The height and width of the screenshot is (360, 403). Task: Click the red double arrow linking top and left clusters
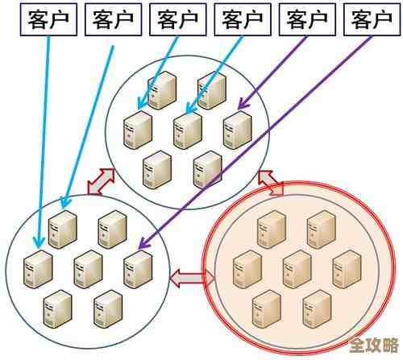[x=101, y=182]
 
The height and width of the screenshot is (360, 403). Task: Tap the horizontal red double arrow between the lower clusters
[x=192, y=278]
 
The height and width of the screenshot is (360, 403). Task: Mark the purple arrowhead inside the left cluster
[x=141, y=246]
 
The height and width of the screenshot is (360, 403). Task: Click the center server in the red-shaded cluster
[x=297, y=267]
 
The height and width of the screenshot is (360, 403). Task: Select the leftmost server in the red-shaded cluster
[x=247, y=268]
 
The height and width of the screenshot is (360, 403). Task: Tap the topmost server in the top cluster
[x=164, y=89]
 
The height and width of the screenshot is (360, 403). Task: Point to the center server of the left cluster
[x=88, y=268]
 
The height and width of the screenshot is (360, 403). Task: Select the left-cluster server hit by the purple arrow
[x=138, y=267]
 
